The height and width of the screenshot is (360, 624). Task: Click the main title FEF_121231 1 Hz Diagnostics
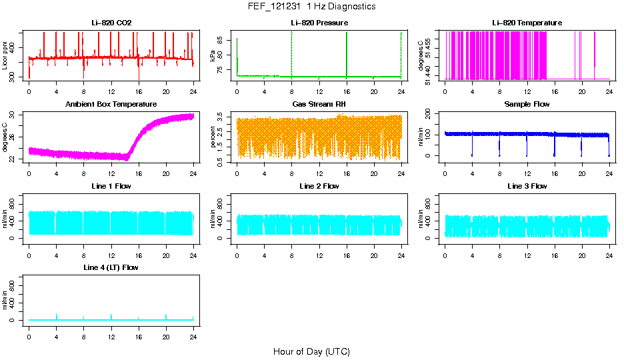point(311,7)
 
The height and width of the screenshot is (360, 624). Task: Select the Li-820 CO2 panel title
point(111,23)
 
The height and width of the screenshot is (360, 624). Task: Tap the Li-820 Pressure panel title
point(319,23)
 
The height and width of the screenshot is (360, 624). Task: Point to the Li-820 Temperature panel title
point(527,23)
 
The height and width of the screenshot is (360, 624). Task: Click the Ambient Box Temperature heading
point(111,105)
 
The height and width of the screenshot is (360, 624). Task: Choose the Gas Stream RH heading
point(319,105)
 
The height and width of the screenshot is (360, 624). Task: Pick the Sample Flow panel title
point(527,105)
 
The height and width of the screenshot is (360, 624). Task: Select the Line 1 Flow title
point(111,186)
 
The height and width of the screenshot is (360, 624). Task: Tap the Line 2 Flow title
point(319,186)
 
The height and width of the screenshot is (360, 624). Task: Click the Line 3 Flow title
point(527,186)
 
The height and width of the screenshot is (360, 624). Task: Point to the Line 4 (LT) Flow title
point(111,267)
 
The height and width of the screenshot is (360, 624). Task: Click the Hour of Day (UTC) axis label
point(311,351)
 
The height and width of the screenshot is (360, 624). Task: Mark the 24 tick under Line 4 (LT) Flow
point(193,336)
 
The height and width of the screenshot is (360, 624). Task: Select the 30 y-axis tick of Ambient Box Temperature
point(16,115)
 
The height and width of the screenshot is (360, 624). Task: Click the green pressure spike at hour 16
point(347,53)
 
